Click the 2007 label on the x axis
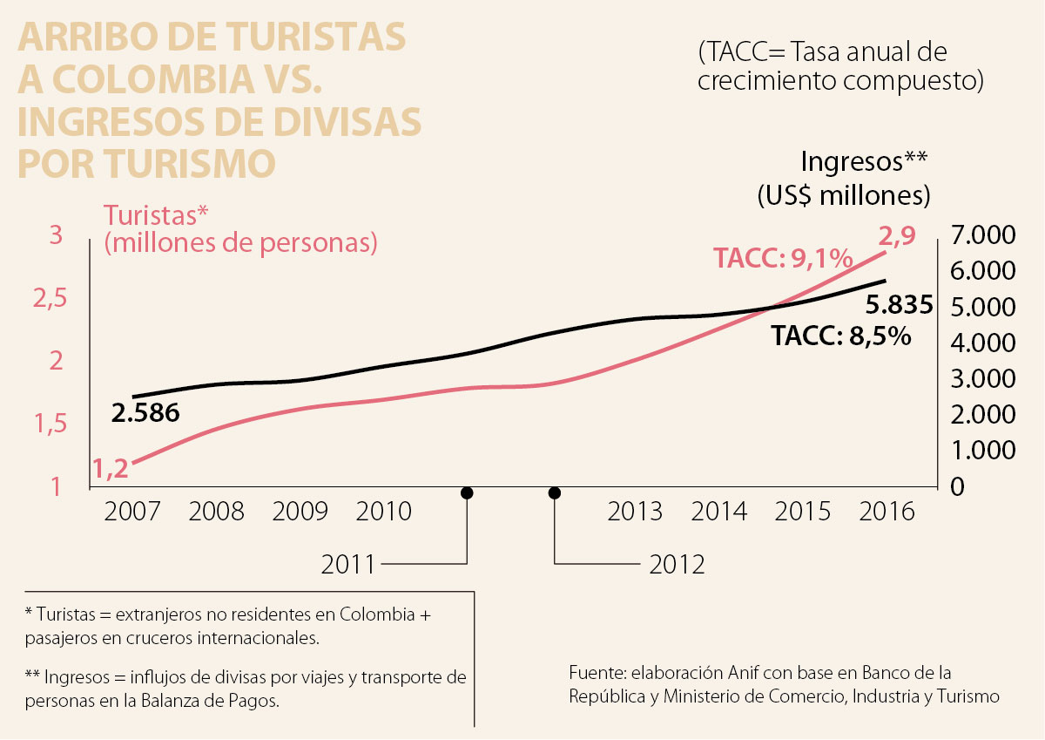[131, 511]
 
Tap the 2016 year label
[887, 511]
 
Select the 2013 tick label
[635, 511]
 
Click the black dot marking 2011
[467, 493]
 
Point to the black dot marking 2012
[554, 493]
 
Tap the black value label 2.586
[145, 413]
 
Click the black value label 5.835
[900, 306]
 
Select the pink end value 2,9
[896, 236]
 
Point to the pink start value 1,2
[111, 470]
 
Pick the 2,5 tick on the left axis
[50, 299]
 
